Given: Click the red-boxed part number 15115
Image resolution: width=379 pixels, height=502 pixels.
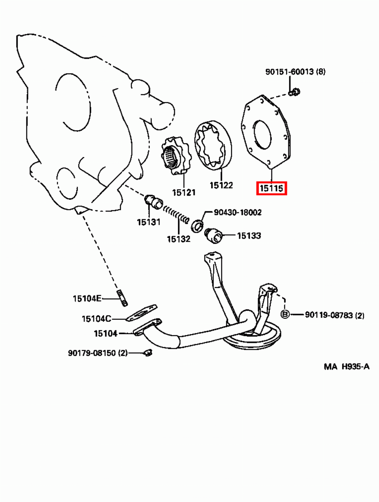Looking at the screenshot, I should pyautogui.click(x=271, y=188).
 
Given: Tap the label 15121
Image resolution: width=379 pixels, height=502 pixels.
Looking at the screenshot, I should pyautogui.click(x=183, y=192).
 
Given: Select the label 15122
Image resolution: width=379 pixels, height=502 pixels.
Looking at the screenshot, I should pyautogui.click(x=221, y=185).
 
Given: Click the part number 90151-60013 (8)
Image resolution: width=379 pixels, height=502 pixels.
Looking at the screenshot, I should pyautogui.click(x=295, y=72).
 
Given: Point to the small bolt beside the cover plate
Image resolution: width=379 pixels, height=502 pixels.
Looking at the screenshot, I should pyautogui.click(x=295, y=92).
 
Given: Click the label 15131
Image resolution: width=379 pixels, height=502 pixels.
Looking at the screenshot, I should pyautogui.click(x=148, y=222).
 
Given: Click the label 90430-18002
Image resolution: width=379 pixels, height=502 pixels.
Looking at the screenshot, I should pyautogui.click(x=238, y=212).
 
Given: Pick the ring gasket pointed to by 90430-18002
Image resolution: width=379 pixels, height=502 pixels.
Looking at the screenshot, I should pyautogui.click(x=198, y=225).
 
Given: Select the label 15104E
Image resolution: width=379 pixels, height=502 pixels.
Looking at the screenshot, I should pyautogui.click(x=87, y=298).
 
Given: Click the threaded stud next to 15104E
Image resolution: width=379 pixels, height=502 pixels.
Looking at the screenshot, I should pyautogui.click(x=123, y=298).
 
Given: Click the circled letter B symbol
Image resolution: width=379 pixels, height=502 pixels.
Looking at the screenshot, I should pyautogui.click(x=285, y=314).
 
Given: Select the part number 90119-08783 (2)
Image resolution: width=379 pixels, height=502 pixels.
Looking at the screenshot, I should pyautogui.click(x=334, y=315).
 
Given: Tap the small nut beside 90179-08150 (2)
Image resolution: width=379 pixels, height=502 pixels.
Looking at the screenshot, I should pyautogui.click(x=147, y=352).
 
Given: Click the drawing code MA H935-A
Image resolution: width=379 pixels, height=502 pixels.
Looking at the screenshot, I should pyautogui.click(x=346, y=367).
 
